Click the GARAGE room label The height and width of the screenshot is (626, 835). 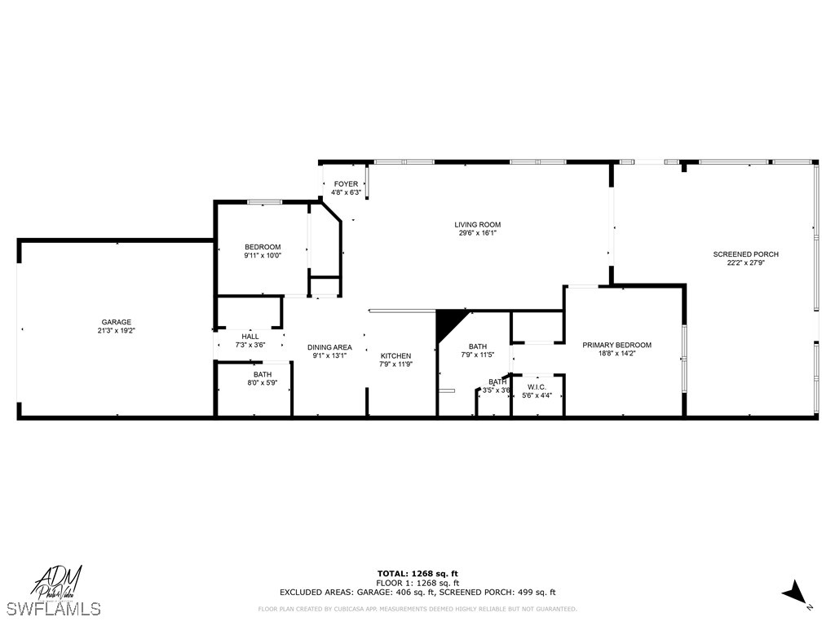click(x=116, y=322)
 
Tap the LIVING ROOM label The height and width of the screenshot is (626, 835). click(x=478, y=225)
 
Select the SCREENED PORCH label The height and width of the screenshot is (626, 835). click(x=745, y=254)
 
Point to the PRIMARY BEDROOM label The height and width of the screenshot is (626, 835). click(x=616, y=345)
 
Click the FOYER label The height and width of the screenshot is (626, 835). click(x=346, y=184)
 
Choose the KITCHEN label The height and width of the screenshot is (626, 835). click(x=395, y=355)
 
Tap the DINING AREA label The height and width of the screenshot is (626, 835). click(x=329, y=347)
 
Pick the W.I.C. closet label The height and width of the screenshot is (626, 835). click(x=536, y=386)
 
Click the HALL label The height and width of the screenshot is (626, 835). click(x=250, y=336)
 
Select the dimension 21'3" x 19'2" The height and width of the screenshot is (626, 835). click(x=116, y=331)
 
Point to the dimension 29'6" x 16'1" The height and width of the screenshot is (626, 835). click(x=478, y=233)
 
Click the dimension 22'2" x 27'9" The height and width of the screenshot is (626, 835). click(x=745, y=263)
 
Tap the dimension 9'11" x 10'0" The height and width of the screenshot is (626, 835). click(x=263, y=256)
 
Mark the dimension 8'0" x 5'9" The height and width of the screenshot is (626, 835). click(x=263, y=382)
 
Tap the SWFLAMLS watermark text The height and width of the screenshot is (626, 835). click(x=53, y=609)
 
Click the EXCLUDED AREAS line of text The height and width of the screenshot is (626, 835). click(x=417, y=593)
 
